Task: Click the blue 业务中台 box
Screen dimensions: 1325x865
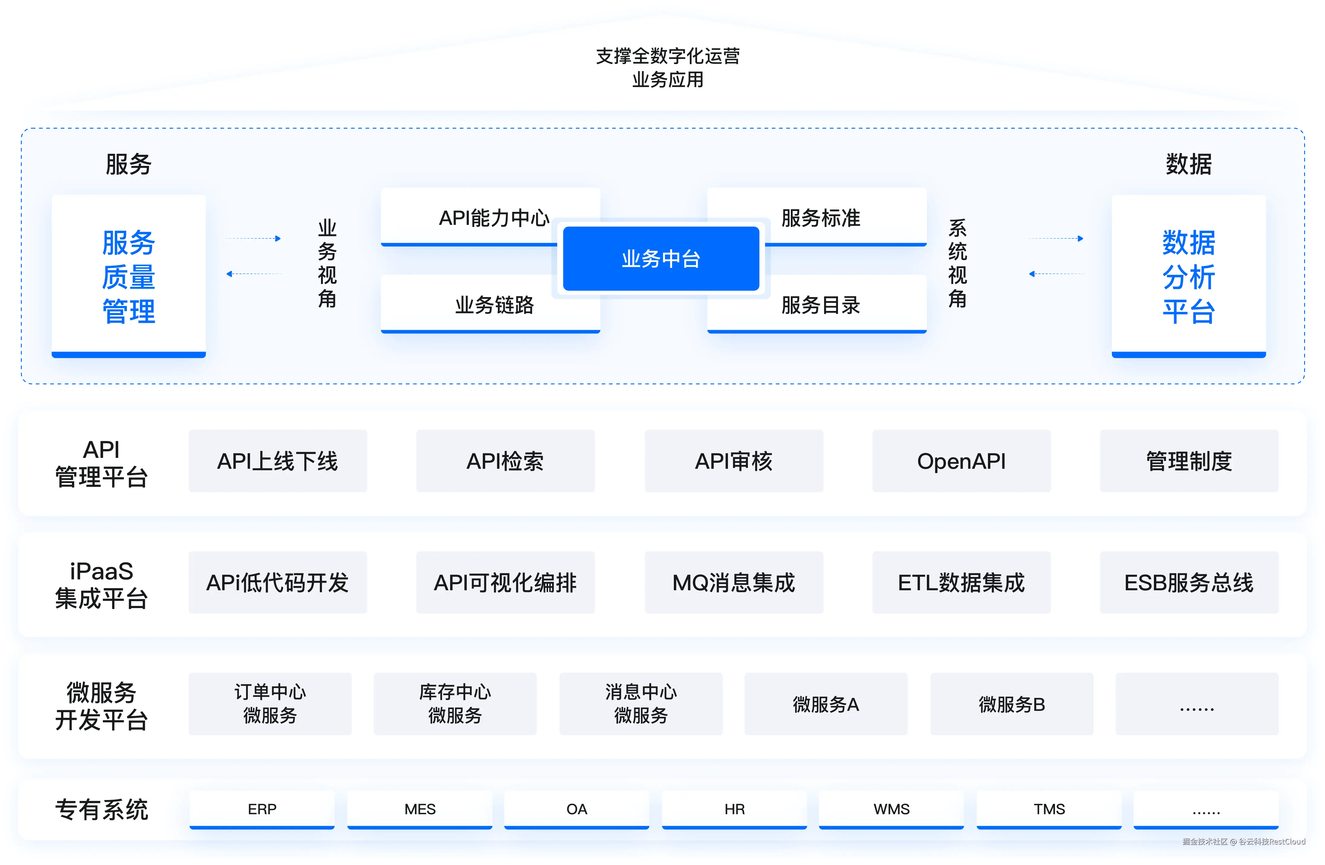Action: point(661,258)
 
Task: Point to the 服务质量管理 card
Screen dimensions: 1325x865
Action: point(128,276)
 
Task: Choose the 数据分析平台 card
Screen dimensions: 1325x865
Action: point(1189,276)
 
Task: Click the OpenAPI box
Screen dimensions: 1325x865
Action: point(961,461)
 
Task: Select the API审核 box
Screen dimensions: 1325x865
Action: point(734,461)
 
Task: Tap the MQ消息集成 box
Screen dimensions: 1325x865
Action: point(734,582)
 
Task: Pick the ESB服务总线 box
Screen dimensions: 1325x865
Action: point(1189,582)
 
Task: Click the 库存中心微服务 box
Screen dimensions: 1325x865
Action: point(455,704)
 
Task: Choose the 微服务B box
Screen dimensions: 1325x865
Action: point(1012,704)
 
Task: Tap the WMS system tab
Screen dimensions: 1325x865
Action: point(891,809)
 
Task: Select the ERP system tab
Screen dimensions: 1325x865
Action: point(262,809)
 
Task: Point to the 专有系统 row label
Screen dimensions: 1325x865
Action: point(101,809)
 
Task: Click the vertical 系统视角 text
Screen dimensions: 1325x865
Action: point(958,263)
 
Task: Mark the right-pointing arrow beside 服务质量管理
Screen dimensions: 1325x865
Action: point(253,238)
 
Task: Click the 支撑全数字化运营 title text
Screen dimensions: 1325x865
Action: point(667,56)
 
